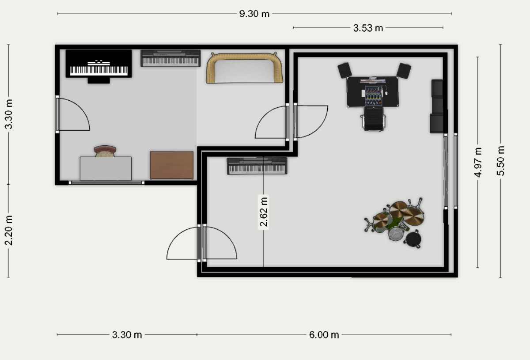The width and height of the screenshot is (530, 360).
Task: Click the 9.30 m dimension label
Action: click(x=254, y=14)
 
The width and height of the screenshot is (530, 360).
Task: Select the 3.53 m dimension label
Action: click(x=368, y=28)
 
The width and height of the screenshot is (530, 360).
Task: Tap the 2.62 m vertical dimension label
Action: click(x=263, y=212)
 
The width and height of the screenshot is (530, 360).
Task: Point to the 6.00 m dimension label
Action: click(x=324, y=335)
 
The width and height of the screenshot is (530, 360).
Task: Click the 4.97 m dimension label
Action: click(x=478, y=163)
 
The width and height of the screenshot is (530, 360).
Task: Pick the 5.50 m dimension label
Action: click(x=500, y=161)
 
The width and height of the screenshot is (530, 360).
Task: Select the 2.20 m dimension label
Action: click(x=8, y=230)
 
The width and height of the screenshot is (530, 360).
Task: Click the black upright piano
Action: click(x=98, y=66)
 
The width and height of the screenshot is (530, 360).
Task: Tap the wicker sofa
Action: click(x=244, y=68)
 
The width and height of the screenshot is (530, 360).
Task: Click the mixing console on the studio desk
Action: click(x=373, y=96)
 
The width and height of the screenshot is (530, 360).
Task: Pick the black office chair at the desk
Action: click(x=373, y=119)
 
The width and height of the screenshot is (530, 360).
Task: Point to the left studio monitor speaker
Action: click(x=344, y=70)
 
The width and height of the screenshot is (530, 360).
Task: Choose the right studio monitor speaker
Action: click(x=404, y=71)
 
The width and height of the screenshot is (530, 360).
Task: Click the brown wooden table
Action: click(x=171, y=165)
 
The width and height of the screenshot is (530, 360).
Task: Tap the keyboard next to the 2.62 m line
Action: click(x=257, y=166)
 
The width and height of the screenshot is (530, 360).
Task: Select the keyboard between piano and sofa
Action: click(x=170, y=58)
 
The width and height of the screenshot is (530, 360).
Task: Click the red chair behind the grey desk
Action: click(x=105, y=151)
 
